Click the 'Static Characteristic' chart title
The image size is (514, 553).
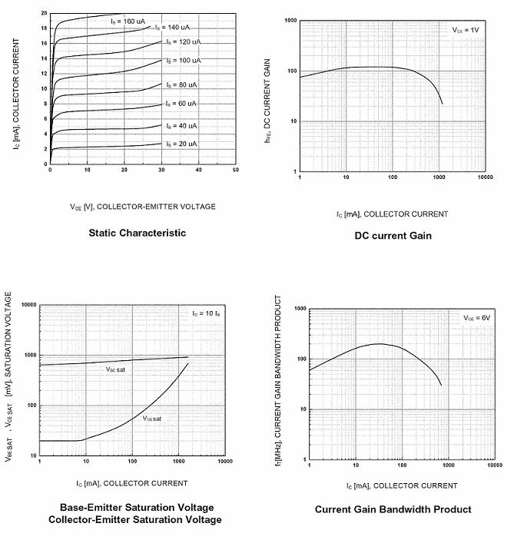(137, 233)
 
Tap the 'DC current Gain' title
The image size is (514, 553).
(393, 236)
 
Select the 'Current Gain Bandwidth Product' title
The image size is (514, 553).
(393, 509)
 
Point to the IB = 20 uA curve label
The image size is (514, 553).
(180, 144)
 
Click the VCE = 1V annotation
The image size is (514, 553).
(465, 30)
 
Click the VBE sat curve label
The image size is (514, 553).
(115, 369)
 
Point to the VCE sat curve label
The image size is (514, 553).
(152, 418)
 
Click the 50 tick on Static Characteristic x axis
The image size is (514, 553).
(236, 170)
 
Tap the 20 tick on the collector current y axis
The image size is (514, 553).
(44, 13)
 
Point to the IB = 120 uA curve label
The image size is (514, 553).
(180, 41)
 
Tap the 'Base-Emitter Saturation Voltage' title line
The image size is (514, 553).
(137, 508)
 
